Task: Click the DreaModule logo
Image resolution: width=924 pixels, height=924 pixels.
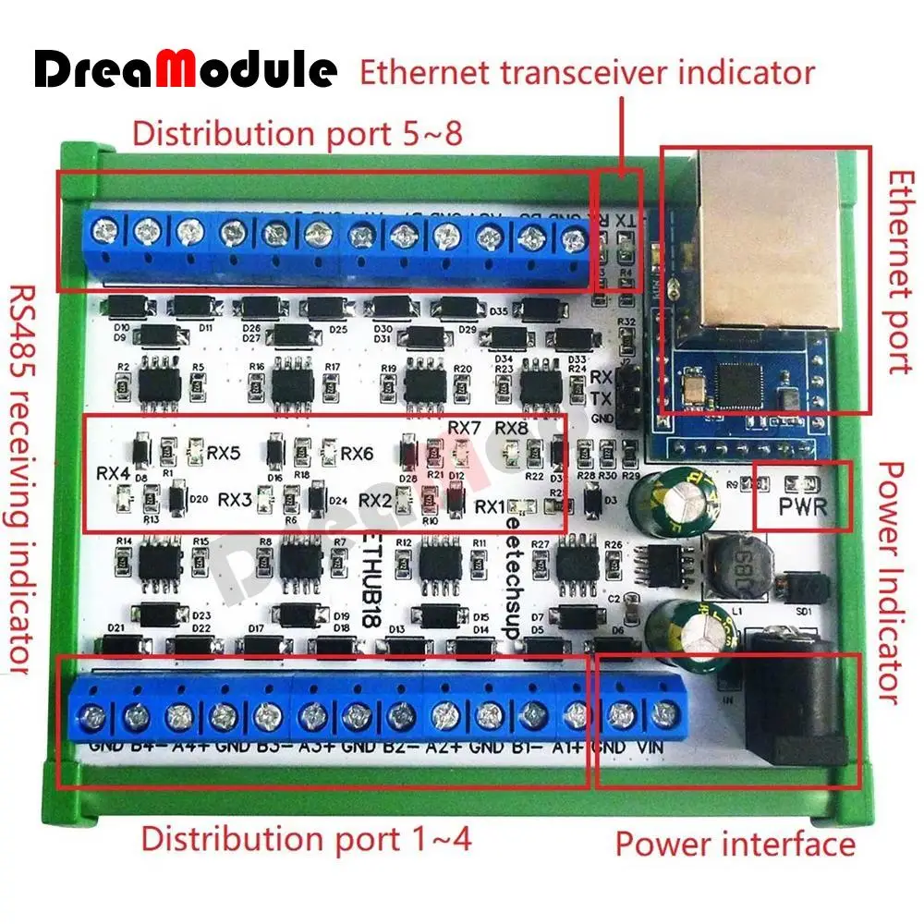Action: click(x=186, y=69)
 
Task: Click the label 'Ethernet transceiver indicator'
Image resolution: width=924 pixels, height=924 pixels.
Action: click(x=587, y=72)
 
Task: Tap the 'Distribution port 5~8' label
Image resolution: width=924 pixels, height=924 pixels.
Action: click(x=296, y=133)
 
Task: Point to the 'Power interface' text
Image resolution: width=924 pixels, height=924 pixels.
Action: click(x=736, y=843)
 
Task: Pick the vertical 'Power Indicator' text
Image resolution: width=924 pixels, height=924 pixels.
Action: click(x=889, y=582)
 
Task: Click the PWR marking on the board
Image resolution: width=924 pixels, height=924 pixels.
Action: click(x=801, y=505)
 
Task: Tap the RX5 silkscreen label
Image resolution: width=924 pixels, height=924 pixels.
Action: click(x=224, y=453)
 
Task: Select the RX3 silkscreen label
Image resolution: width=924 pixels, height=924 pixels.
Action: click(x=235, y=500)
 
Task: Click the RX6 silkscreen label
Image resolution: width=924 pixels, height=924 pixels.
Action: click(x=357, y=453)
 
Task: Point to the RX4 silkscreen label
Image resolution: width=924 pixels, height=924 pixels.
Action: click(x=113, y=472)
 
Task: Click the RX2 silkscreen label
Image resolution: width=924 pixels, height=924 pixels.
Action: click(x=375, y=500)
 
